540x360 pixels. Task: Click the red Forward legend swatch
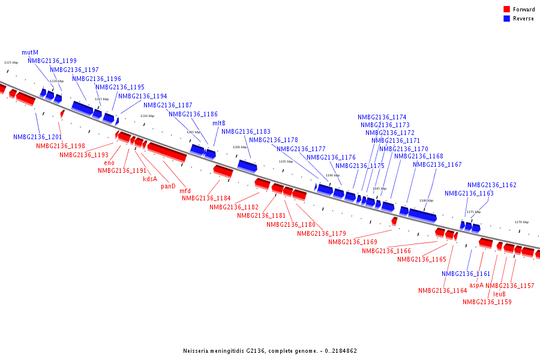506,10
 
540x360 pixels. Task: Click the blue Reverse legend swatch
506,19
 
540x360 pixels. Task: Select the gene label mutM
30,53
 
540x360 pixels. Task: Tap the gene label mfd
185,191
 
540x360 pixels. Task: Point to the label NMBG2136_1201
37,137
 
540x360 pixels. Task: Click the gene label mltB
219,124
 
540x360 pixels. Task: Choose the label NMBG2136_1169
352,242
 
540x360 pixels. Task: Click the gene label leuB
500,294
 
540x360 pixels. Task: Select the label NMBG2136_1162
491,185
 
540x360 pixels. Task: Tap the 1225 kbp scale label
11,62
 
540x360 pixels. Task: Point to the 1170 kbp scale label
521,222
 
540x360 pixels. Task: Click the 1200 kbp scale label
239,147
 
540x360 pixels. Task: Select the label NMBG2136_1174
382,118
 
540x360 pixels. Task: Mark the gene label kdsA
149,179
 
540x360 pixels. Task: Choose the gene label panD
168,186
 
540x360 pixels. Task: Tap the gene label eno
109,163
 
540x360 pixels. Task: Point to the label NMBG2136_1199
52,61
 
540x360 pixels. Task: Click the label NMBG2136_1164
442,291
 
